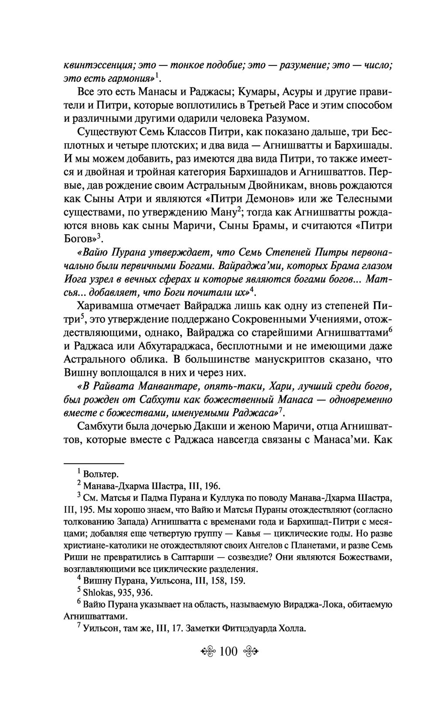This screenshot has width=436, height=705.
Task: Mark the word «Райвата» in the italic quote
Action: tap(109, 386)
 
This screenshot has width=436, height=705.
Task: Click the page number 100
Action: tap(228, 652)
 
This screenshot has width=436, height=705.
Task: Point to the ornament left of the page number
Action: tap(209, 653)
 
